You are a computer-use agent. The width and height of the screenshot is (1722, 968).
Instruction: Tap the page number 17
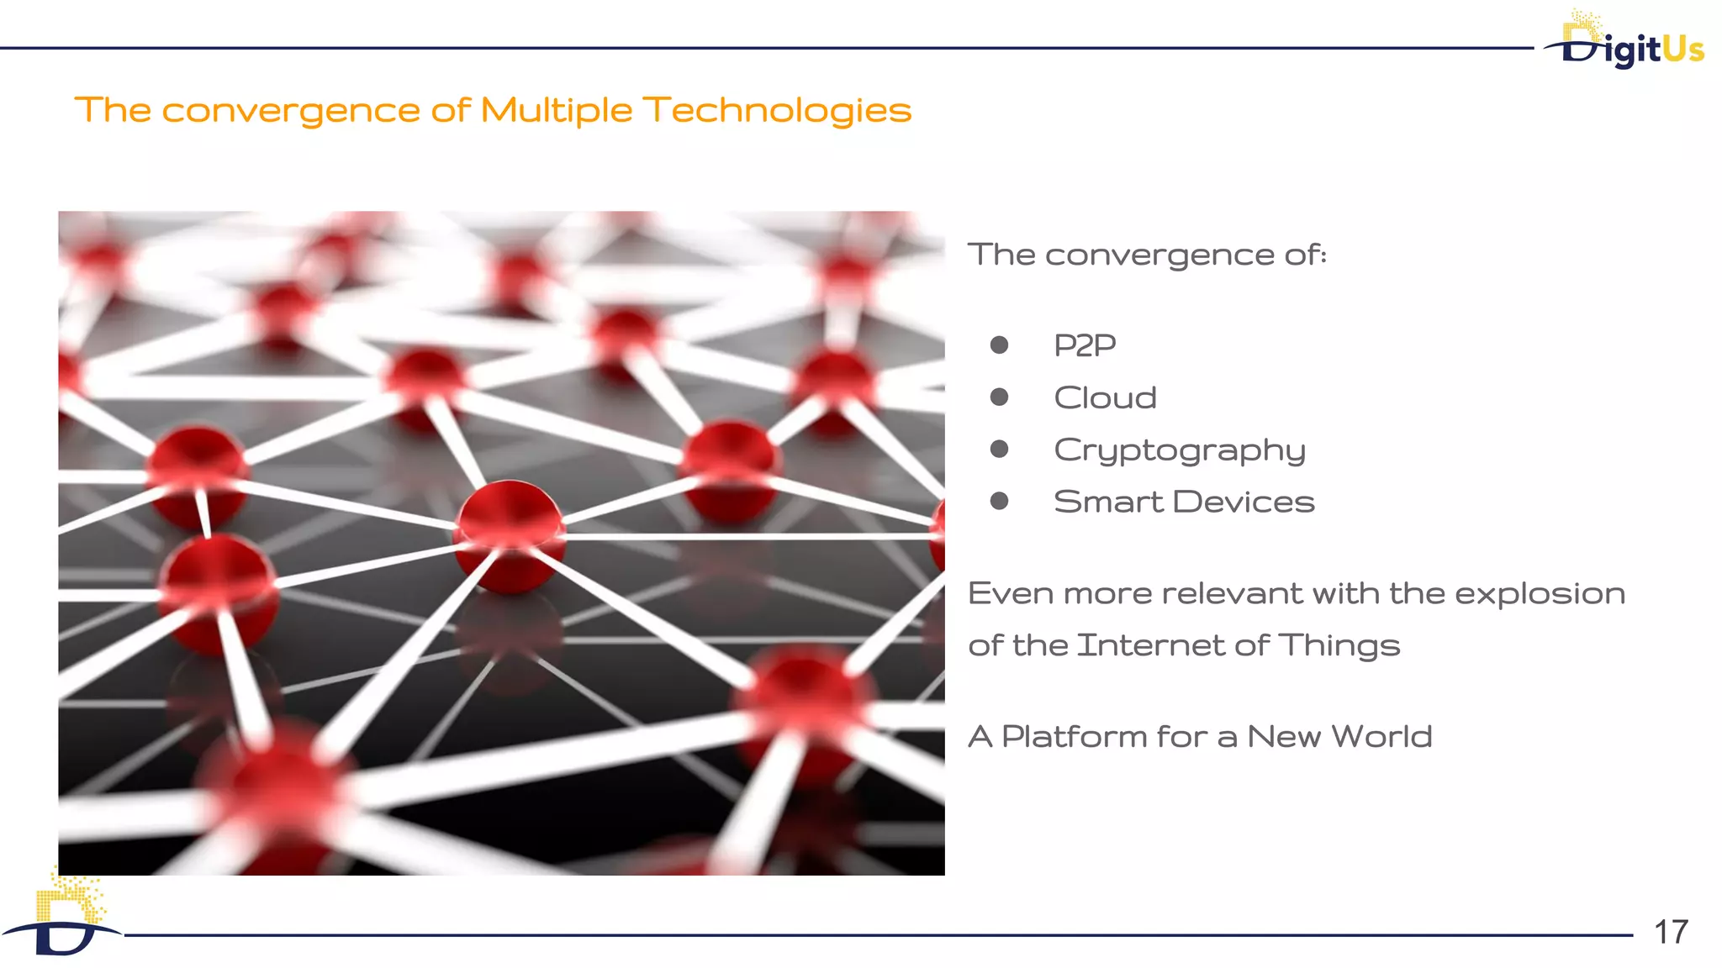pos(1671,932)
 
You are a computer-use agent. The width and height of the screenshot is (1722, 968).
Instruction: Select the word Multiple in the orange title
pos(556,111)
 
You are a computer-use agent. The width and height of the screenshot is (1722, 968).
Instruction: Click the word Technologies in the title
pos(777,111)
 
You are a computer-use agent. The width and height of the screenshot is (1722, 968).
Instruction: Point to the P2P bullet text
pos(1085,345)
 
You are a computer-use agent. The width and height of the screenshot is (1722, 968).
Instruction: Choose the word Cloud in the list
pos(1105,397)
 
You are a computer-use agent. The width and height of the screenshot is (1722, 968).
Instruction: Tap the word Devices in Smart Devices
pos(1243,502)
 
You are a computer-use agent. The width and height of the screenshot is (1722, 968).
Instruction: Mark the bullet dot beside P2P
pos(999,345)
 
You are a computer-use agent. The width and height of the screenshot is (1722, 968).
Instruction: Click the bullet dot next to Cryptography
pos(999,450)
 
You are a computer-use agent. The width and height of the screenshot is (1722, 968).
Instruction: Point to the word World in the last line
pos(1381,737)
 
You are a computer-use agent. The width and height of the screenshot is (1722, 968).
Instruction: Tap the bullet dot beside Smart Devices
pos(999,502)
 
